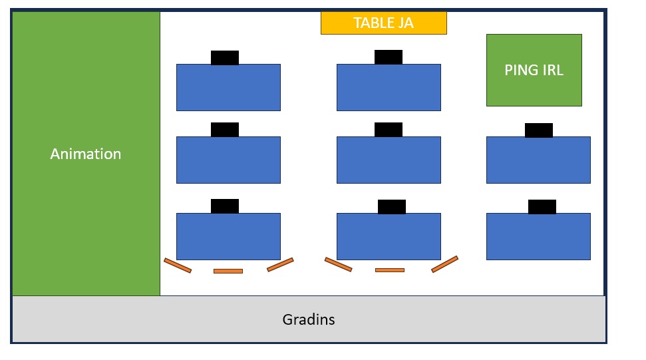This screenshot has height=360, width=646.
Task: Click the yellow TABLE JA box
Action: click(383, 23)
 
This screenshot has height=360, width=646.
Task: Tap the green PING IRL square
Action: click(534, 70)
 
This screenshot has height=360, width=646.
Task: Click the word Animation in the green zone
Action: click(86, 154)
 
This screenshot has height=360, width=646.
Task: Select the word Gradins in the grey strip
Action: click(309, 319)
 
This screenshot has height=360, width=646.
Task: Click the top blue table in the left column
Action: click(228, 88)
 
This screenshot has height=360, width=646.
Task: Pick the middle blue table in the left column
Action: click(228, 160)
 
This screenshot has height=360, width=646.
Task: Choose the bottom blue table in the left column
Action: click(228, 236)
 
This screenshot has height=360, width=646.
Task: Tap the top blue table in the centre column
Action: click(389, 88)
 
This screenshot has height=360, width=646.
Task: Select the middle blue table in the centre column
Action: click(389, 160)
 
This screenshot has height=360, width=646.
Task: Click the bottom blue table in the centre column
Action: click(389, 236)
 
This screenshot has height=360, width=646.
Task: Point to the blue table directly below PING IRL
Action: click(538, 160)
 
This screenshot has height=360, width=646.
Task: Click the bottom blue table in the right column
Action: click(538, 236)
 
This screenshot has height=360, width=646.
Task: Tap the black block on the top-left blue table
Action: click(225, 58)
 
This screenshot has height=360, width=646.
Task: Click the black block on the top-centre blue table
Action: click(389, 57)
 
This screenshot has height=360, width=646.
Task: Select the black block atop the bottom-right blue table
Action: click(542, 207)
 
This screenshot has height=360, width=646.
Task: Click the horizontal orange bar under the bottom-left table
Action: click(228, 271)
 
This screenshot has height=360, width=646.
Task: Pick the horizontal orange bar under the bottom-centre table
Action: click(390, 270)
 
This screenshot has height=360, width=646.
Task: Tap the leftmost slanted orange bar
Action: click(178, 266)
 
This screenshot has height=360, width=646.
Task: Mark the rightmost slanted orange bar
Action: click(445, 264)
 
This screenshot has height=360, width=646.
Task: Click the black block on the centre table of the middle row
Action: click(389, 130)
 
